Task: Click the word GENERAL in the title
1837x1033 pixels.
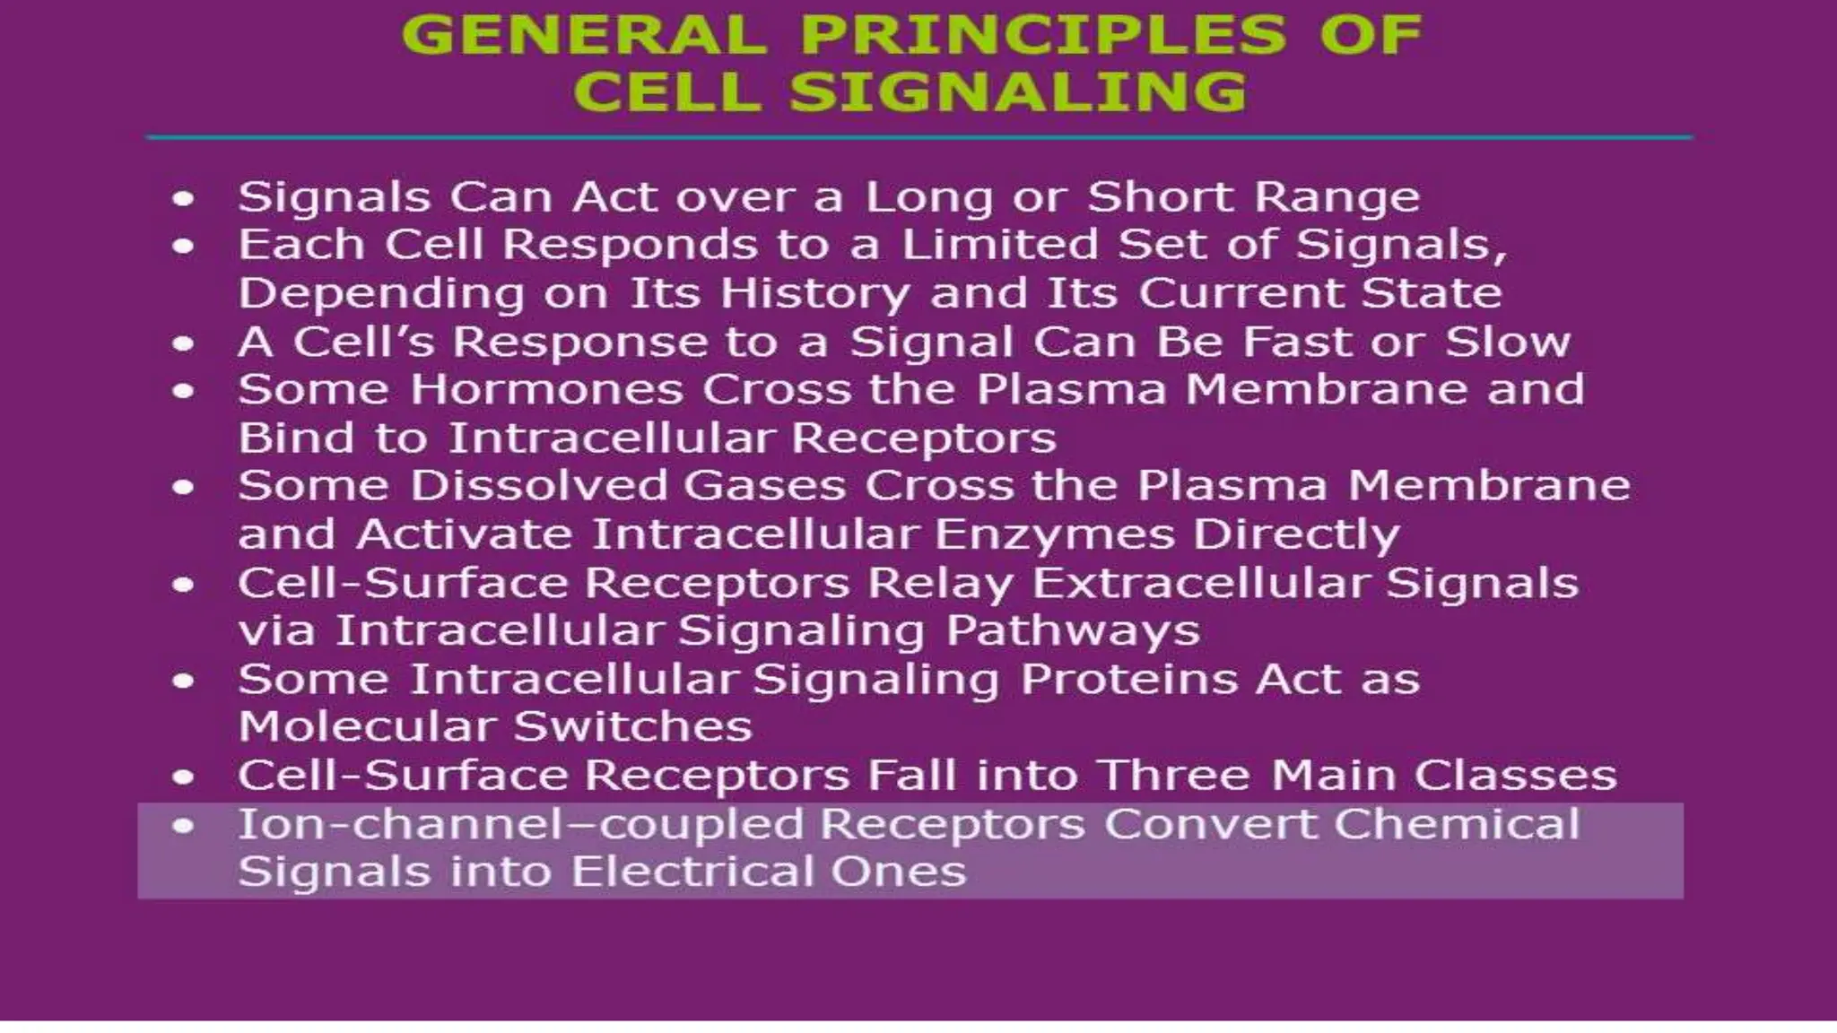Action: pyautogui.click(x=584, y=35)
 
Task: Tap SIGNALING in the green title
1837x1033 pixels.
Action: pyautogui.click(x=1018, y=91)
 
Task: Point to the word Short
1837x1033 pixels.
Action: pyautogui.click(x=1160, y=197)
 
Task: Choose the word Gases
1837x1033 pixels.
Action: pyautogui.click(x=764, y=486)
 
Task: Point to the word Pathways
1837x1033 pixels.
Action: pyautogui.click(x=1073, y=630)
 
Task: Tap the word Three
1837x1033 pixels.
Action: pyautogui.click(x=1174, y=776)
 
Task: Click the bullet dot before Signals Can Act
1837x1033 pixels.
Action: pyautogui.click(x=183, y=198)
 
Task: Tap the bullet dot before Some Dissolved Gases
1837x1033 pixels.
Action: pyautogui.click(x=183, y=487)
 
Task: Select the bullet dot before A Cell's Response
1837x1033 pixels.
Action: pyautogui.click(x=183, y=343)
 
